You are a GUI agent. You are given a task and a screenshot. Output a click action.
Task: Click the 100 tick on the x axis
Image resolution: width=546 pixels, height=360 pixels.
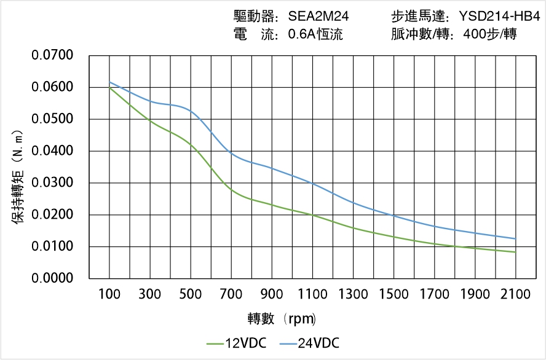pos(109,294)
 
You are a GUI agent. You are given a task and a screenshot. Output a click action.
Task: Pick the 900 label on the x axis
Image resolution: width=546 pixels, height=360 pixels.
pos(272,294)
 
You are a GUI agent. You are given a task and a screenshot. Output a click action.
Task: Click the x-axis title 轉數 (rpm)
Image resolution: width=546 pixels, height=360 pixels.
pos(282,318)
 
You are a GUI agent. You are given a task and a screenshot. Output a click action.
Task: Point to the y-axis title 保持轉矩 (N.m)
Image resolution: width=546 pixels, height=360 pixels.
pos(18,177)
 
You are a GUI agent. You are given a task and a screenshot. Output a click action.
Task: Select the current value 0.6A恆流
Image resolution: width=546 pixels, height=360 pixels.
pos(315,34)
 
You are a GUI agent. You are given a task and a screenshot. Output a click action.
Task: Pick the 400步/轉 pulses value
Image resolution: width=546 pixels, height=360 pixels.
pos(486,34)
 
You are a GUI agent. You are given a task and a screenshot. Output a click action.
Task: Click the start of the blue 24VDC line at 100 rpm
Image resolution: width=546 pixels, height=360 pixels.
pos(109,82)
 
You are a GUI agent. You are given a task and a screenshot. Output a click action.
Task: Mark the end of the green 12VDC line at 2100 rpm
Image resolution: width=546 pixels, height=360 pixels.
pos(515,252)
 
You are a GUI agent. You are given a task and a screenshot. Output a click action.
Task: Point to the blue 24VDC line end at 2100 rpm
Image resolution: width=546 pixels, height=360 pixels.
pos(515,239)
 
